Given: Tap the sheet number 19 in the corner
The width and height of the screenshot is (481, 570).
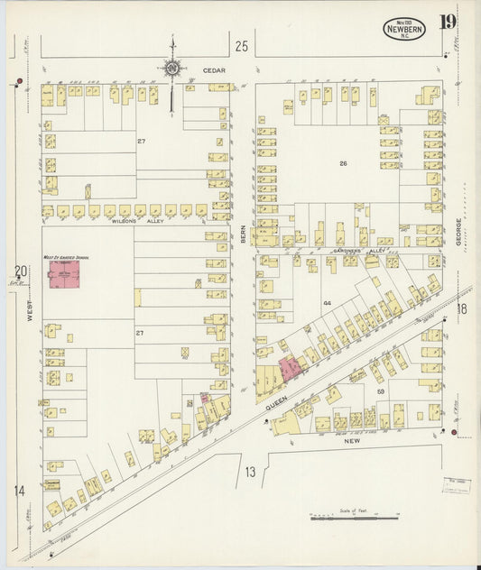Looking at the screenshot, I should (449, 22).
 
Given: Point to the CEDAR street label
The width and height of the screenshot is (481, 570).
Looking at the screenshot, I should (213, 69).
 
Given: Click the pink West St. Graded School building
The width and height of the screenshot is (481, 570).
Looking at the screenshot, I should (64, 275).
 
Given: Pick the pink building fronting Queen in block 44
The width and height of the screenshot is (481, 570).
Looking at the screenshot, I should (291, 367).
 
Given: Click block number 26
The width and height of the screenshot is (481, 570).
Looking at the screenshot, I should (342, 163).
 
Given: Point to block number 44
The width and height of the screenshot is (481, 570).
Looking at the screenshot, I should (328, 304).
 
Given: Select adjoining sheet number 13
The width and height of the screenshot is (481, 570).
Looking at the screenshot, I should (250, 471).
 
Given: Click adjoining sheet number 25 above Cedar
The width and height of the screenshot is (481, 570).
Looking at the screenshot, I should (241, 45).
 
